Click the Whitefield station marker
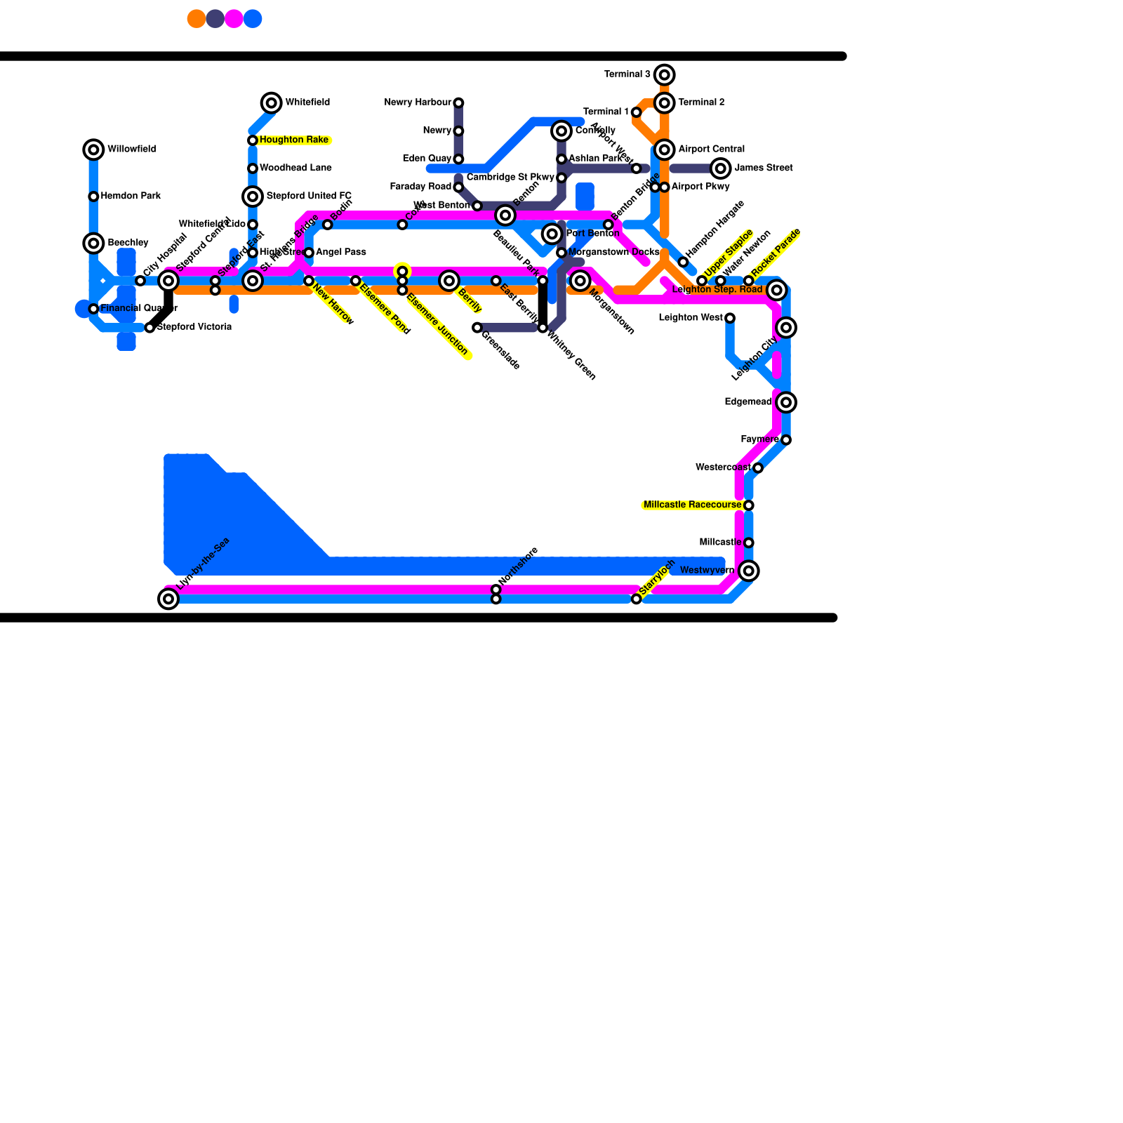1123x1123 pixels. (x=271, y=103)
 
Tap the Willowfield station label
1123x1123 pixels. (x=131, y=149)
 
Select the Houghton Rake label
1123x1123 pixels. (x=293, y=140)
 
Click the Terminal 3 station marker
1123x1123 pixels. (x=665, y=74)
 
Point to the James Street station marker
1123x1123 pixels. (x=720, y=168)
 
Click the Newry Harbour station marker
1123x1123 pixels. (x=458, y=103)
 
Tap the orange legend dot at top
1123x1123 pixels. (x=197, y=19)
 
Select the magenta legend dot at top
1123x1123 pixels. (x=234, y=19)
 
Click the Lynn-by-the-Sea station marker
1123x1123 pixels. (x=168, y=599)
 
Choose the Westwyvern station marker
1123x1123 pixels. (x=749, y=571)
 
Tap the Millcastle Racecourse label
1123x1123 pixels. (x=692, y=505)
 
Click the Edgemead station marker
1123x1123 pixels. (x=786, y=402)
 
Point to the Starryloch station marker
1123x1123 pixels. (x=636, y=599)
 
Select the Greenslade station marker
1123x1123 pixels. (x=477, y=328)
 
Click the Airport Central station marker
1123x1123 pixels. (x=665, y=149)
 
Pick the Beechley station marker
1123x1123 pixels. (x=93, y=244)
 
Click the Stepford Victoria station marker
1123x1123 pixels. (x=149, y=328)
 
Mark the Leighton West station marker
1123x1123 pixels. (x=730, y=318)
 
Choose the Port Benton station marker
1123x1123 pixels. (x=552, y=234)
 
